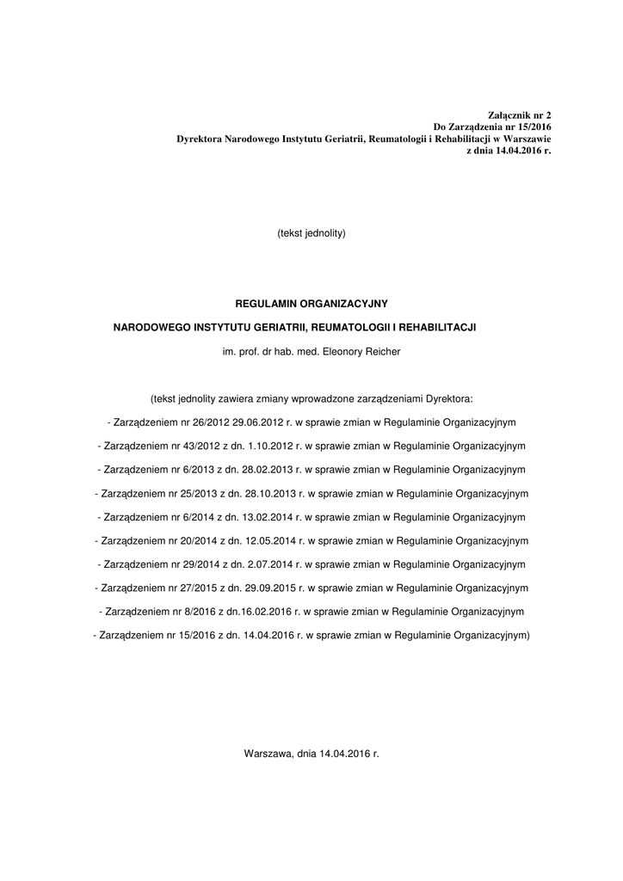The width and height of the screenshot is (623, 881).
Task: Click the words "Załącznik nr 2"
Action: [519, 114]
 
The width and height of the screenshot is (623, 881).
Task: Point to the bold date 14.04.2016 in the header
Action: [515, 151]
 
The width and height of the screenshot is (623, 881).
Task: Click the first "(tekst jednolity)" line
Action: [311, 233]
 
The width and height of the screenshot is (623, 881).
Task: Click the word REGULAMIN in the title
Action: [266, 304]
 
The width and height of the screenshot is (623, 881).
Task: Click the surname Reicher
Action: [383, 351]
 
